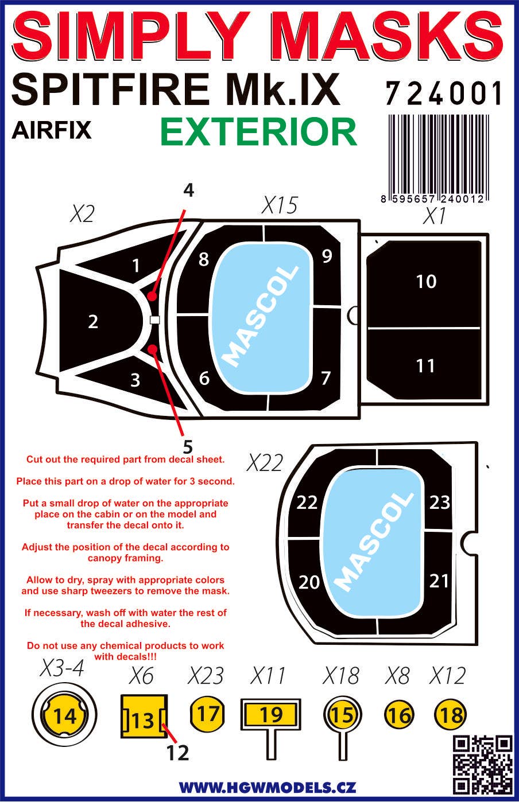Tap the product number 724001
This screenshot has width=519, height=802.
coord(444,94)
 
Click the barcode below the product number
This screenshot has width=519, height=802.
coord(439,158)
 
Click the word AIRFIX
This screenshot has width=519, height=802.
coord(52,130)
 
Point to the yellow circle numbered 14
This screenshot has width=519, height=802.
coord(64,716)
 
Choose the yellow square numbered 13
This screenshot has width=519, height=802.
coord(144,717)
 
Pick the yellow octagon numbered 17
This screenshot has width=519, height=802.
coord(207,714)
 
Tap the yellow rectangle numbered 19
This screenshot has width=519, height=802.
coord(271,715)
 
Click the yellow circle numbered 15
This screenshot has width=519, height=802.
coord(343,715)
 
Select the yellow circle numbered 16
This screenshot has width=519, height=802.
coord(399,715)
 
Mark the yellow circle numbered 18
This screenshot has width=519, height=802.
coord(451,715)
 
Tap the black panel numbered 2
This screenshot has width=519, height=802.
coord(94,321)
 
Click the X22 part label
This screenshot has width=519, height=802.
coord(265,463)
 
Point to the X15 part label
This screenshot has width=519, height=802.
coord(280,205)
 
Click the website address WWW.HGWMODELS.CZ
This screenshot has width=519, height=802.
coord(268,787)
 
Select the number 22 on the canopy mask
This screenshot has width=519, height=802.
coord(307,503)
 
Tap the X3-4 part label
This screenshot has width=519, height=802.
coord(63,667)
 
